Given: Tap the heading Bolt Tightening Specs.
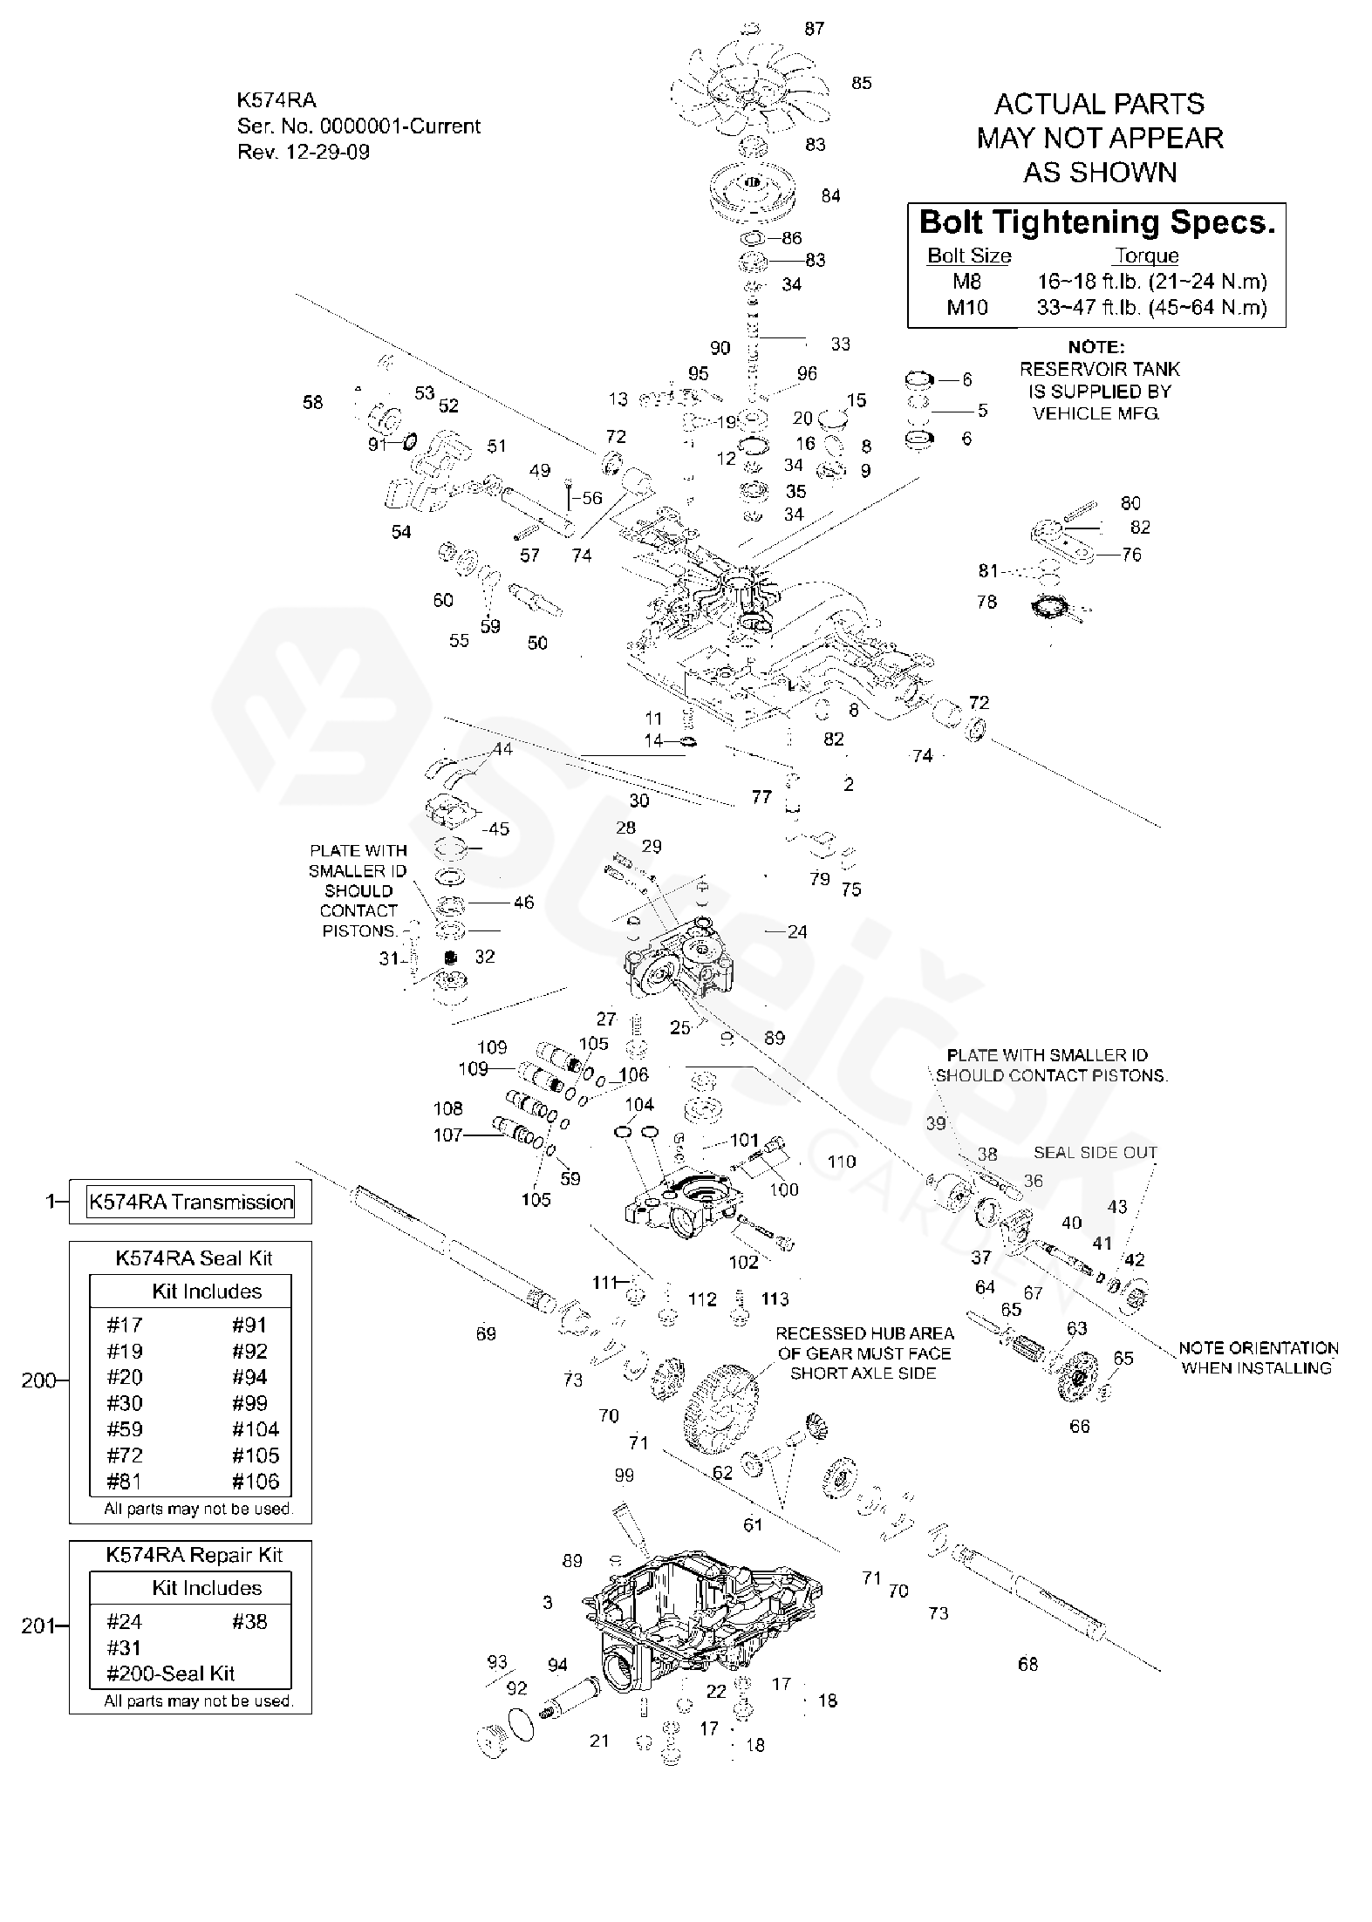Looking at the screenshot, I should [1096, 222].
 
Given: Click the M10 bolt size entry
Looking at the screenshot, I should [967, 307].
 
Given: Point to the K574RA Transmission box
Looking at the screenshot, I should [190, 1202].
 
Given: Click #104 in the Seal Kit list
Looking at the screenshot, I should [256, 1428].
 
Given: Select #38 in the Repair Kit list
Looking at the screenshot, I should [249, 1621].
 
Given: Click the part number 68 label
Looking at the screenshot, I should [1028, 1664].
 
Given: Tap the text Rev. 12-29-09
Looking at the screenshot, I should [304, 152].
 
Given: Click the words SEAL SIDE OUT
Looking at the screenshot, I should [1095, 1153].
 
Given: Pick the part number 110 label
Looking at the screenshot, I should [842, 1162].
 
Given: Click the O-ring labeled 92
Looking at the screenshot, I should [521, 1725].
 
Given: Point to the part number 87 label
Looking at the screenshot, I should [814, 29].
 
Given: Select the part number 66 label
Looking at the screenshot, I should [1080, 1427].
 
